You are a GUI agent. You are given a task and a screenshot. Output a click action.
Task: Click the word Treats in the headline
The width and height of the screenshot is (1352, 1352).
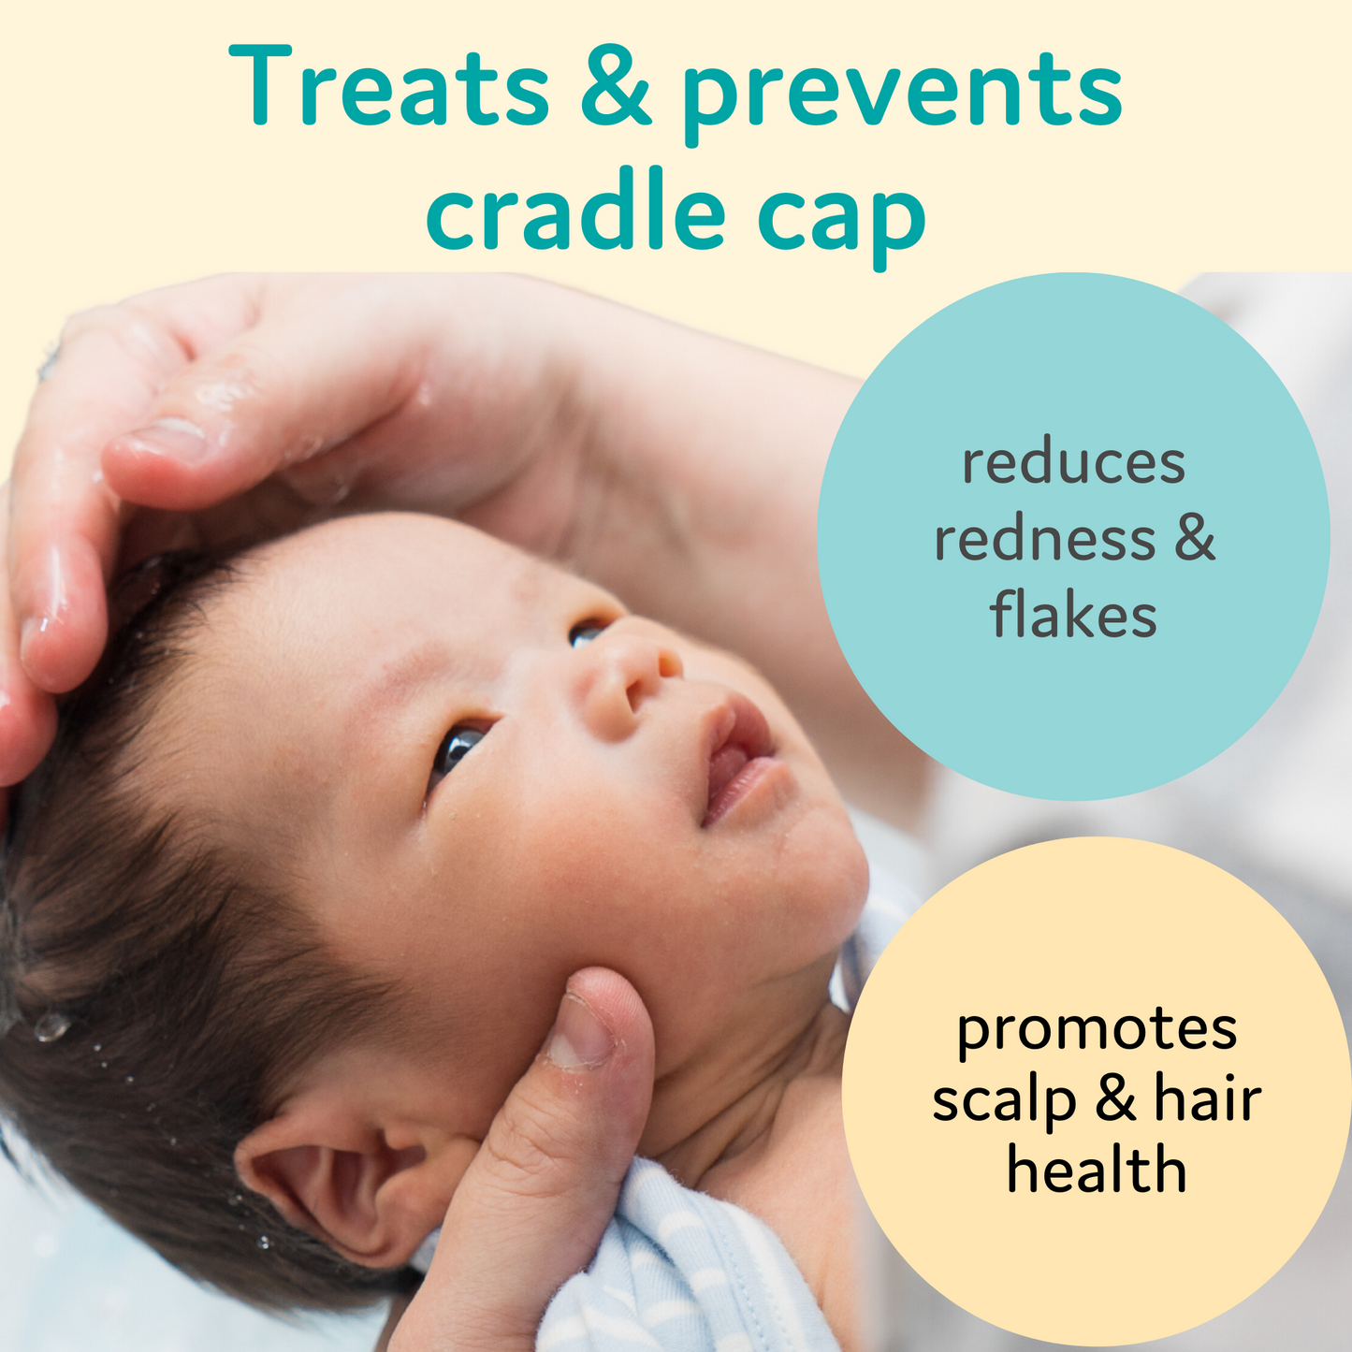(389, 87)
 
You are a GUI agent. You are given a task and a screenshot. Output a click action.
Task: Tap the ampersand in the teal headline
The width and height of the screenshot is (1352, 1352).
(615, 87)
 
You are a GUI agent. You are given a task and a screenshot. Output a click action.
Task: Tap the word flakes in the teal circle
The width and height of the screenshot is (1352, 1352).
(1073, 617)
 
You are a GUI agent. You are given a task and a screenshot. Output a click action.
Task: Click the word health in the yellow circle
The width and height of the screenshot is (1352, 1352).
(1097, 1170)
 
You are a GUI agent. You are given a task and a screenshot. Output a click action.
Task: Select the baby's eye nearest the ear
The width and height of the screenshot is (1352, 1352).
(458, 747)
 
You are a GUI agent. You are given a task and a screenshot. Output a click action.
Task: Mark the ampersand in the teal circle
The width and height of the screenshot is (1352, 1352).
(1194, 540)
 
